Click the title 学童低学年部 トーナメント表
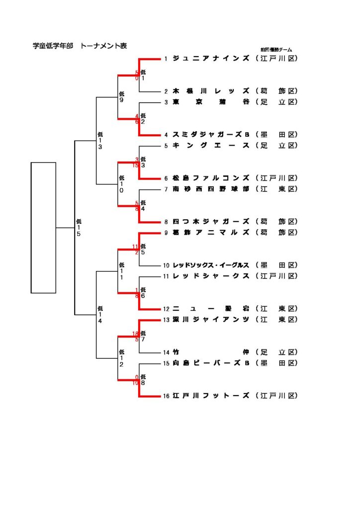(80, 46)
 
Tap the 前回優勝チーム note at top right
(276, 50)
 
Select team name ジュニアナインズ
(211, 59)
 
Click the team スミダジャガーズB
(211, 135)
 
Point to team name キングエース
(211, 146)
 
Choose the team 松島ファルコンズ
(211, 178)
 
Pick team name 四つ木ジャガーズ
(211, 222)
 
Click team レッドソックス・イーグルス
(211, 265)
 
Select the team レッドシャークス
(211, 276)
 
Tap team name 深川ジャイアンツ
(211, 319)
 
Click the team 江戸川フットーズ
(211, 396)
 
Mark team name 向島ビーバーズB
(211, 363)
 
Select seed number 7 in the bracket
(166, 189)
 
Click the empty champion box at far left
(43, 227)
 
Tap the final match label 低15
(79, 227)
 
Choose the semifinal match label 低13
(100, 141)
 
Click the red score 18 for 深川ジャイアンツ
(135, 334)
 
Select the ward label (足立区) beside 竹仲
(276, 352)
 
